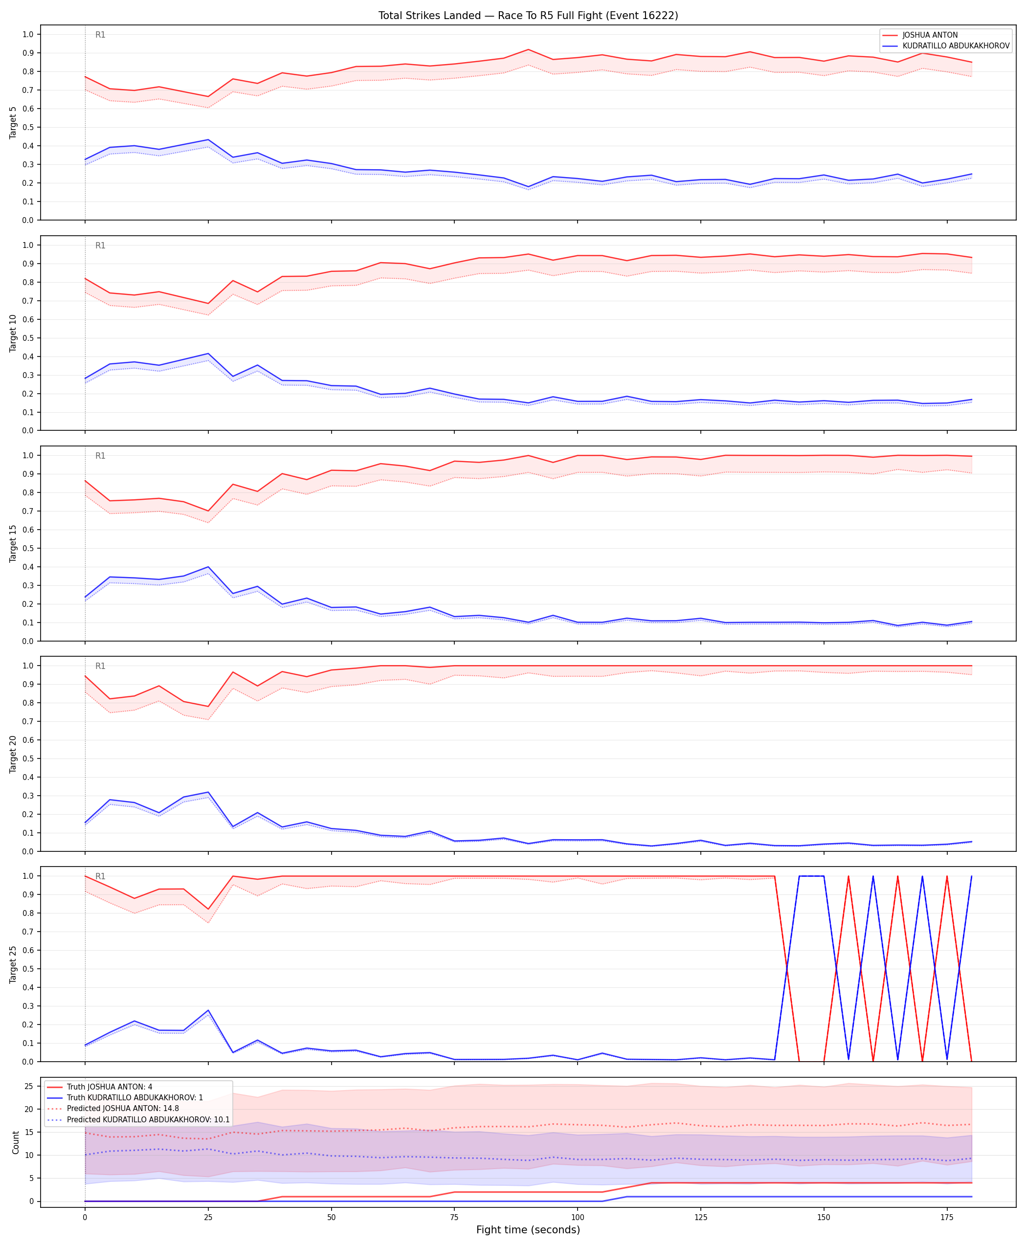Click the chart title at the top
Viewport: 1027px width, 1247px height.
pos(528,15)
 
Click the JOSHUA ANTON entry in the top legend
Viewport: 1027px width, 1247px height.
pos(930,35)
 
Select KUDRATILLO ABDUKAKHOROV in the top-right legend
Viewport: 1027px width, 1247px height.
pos(956,45)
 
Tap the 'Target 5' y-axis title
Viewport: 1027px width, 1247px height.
pos(13,122)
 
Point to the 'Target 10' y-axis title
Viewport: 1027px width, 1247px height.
pos(13,333)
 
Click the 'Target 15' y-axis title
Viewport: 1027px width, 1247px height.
pos(13,543)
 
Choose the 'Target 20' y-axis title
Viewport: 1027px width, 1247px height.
pos(13,754)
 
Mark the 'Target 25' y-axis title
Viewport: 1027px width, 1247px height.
pos(13,964)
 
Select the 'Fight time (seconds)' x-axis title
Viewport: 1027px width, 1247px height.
pos(528,1230)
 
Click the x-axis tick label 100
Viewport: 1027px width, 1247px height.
pos(578,1218)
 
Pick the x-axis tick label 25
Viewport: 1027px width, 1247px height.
pos(208,1218)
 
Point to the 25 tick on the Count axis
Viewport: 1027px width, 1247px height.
pos(28,1086)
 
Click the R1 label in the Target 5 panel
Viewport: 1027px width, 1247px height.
pos(101,35)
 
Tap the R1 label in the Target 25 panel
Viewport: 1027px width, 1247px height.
pos(101,876)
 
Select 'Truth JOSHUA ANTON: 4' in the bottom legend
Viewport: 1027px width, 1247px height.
pos(110,1087)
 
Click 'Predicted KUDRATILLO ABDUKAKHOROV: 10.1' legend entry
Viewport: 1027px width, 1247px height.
pos(148,1119)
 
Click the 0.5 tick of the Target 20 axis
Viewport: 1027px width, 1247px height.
pos(28,758)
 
